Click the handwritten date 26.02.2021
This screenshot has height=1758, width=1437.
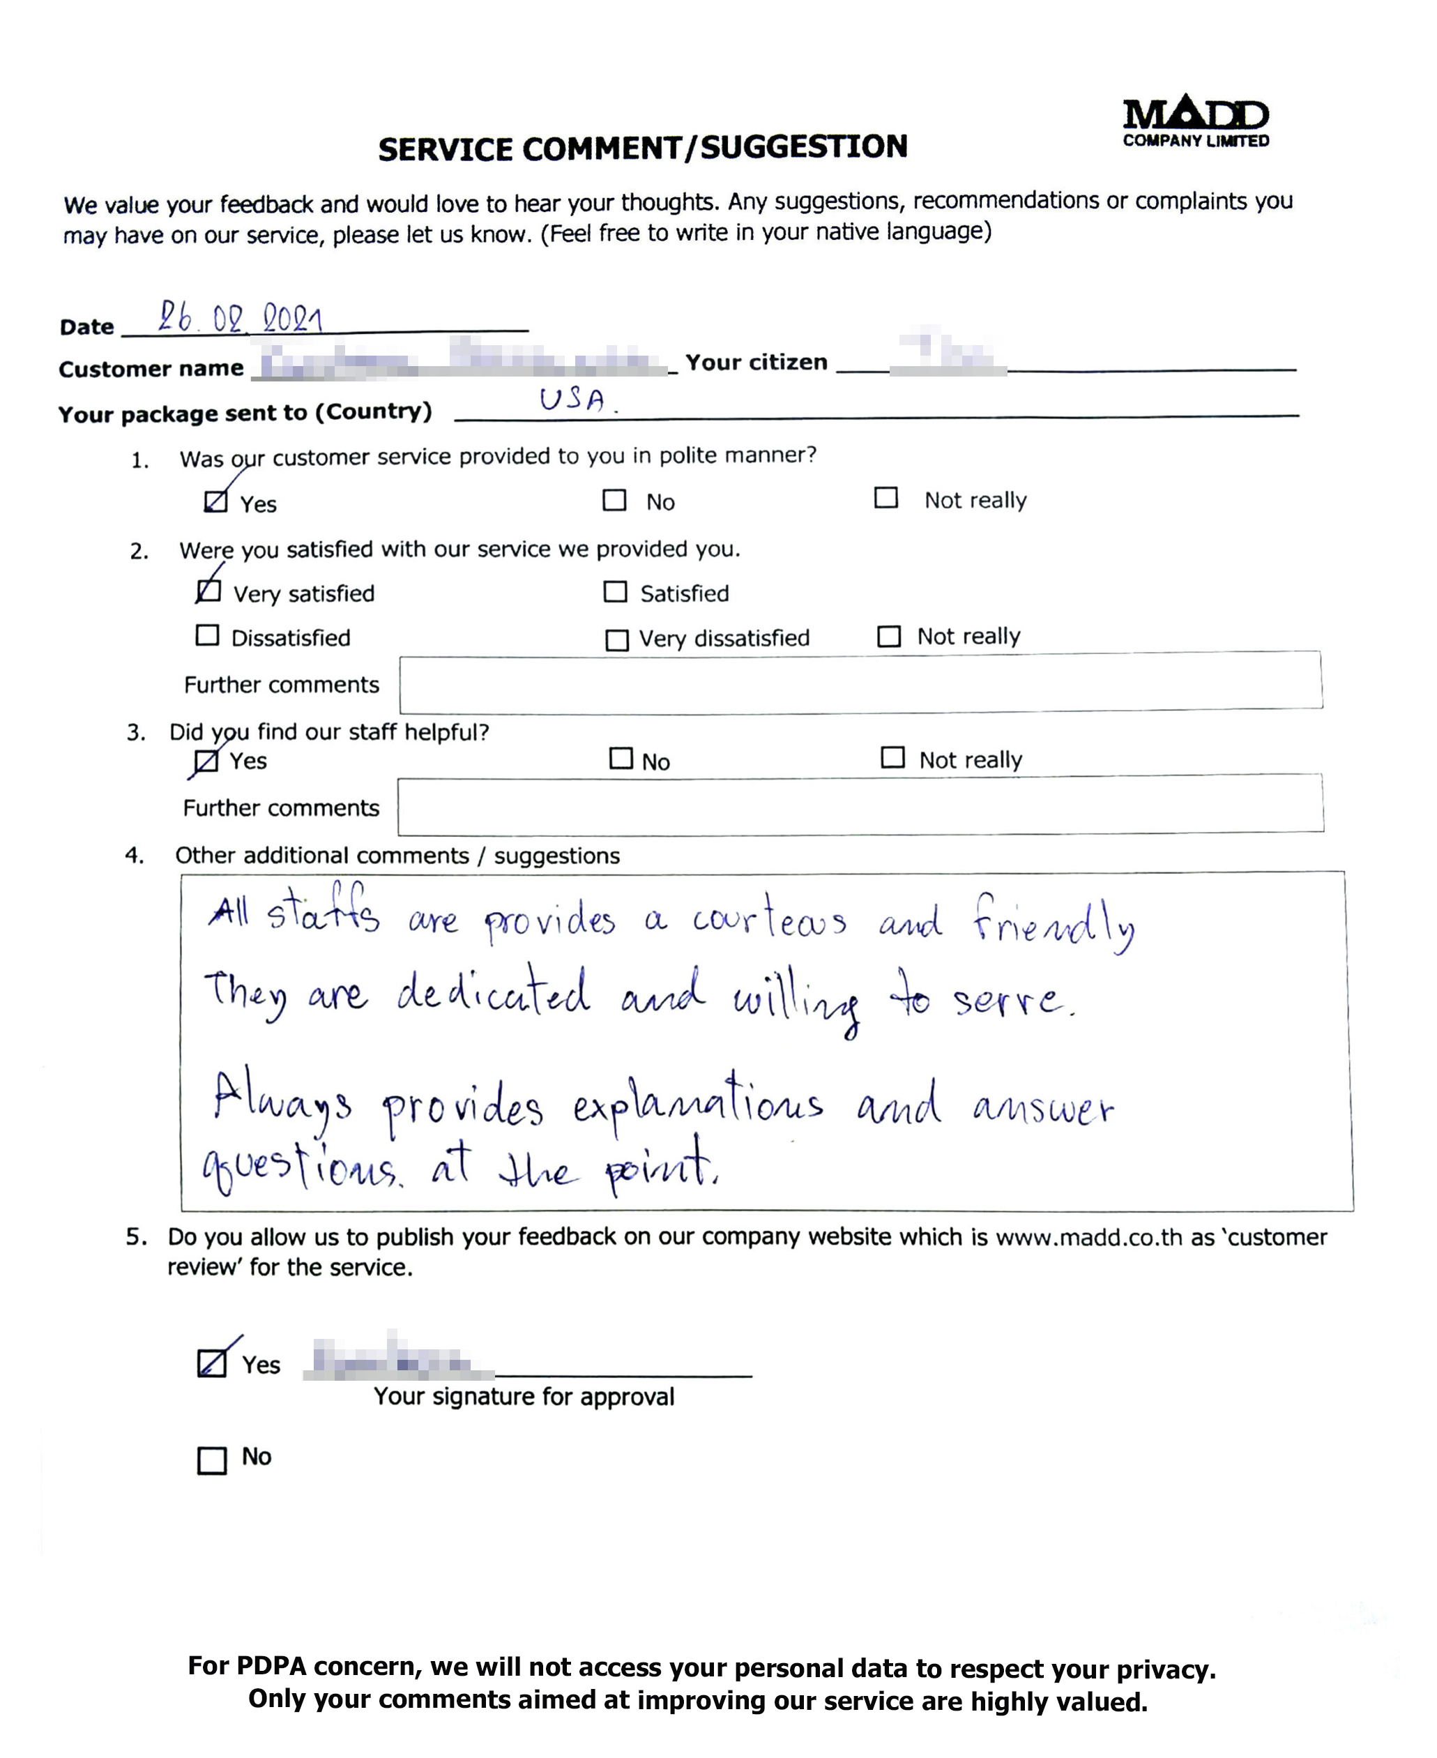240,317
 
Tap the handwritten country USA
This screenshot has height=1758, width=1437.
573,400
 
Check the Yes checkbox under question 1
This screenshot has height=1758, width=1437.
216,501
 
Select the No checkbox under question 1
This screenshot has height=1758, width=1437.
614,500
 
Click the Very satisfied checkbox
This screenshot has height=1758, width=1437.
208,591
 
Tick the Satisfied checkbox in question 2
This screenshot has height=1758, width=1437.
615,592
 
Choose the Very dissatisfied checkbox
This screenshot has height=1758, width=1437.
616,639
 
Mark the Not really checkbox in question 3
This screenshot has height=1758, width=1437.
892,757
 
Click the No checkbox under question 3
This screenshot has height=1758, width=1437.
621,758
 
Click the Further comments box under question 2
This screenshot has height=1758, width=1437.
860,683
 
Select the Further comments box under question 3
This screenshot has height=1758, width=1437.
860,805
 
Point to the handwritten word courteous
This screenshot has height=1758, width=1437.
769,918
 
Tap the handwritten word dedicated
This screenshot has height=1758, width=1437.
494,992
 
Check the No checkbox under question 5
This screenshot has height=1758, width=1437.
212,1460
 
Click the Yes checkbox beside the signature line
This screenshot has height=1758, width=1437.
212,1363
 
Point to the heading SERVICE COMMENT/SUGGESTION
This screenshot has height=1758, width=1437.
642,148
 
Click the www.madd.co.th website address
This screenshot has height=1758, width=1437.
1088,1237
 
